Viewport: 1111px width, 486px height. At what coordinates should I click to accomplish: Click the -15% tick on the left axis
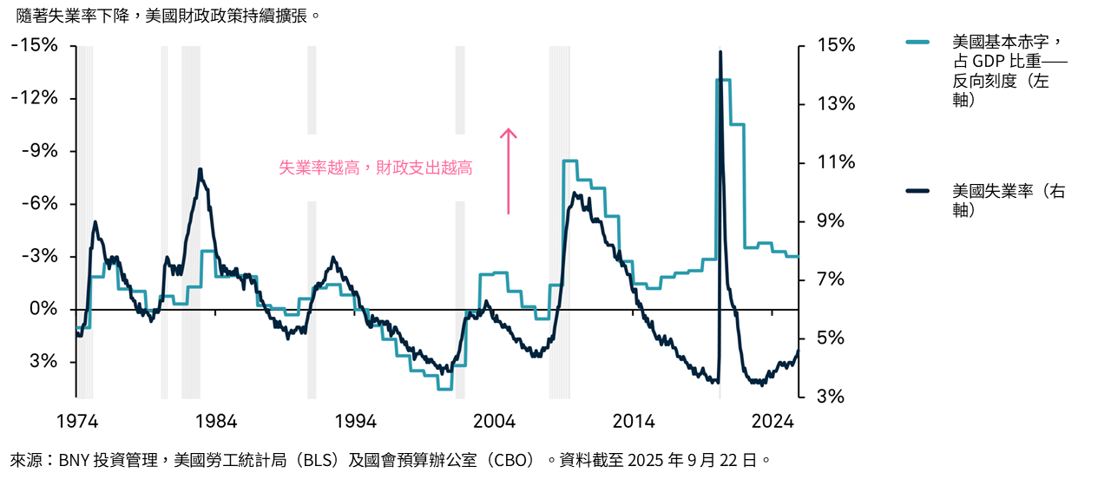(x=34, y=45)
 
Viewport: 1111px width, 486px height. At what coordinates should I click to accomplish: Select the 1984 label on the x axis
(x=215, y=422)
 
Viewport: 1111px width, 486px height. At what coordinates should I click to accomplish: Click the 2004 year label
(x=494, y=422)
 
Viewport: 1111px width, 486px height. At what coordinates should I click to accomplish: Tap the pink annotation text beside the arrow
(x=375, y=168)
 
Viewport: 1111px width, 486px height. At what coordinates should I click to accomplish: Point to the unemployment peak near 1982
(x=200, y=169)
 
